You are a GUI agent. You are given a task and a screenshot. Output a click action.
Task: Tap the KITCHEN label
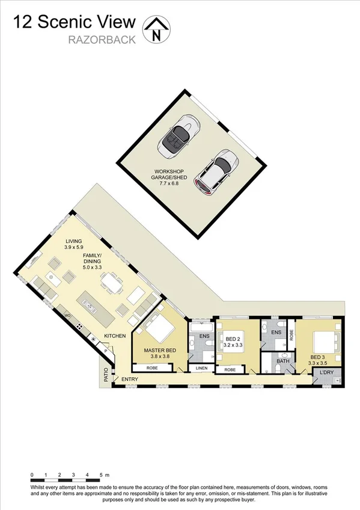tap(115, 336)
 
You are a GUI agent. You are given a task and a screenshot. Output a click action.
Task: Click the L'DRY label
tap(326, 373)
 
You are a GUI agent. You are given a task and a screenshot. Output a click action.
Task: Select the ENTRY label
tap(129, 379)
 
